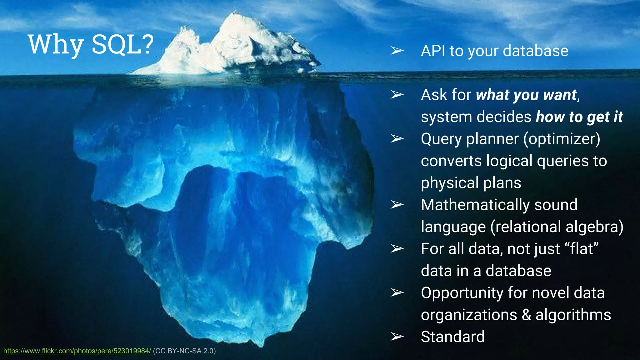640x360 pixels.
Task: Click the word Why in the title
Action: [56, 44]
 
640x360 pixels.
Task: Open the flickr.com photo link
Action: [77, 351]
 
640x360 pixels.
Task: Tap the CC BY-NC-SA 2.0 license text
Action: [184, 351]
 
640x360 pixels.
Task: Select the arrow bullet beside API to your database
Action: [397, 50]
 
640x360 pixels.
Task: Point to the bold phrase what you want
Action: [526, 95]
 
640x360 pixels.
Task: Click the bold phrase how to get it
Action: [579, 117]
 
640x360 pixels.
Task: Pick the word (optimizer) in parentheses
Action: [562, 139]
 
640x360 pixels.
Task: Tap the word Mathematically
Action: [475, 205]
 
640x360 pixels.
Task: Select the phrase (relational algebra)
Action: [557, 227]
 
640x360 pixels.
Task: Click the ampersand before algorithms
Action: [526, 315]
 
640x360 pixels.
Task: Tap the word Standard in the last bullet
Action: [452, 337]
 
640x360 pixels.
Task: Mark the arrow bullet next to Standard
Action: [397, 337]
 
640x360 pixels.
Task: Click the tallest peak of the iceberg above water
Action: [234, 14]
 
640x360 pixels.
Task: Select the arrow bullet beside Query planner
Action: [397, 138]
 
